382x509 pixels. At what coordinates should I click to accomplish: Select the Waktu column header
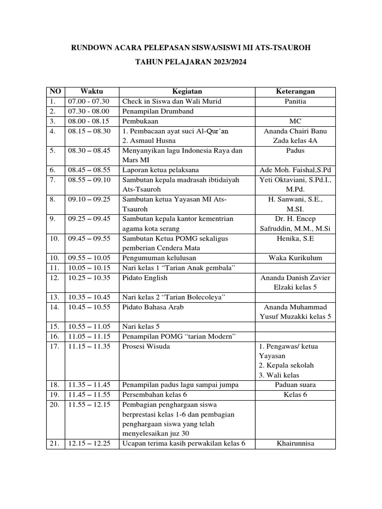pos(92,92)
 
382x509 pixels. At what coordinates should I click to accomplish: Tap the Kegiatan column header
pos(187,92)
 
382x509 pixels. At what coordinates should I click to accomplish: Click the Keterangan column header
pos(295,92)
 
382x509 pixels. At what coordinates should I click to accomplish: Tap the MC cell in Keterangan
pos(295,121)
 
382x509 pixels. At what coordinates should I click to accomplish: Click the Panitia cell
pos(295,101)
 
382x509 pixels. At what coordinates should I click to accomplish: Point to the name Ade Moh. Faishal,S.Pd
pos(295,170)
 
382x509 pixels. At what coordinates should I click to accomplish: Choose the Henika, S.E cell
pos(295,239)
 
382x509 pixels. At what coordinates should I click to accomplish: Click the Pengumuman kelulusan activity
pos(159,258)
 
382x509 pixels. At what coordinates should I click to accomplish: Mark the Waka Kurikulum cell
pos(295,258)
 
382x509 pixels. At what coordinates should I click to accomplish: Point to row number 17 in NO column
pos(55,346)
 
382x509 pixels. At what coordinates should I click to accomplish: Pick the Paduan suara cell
pos(295,385)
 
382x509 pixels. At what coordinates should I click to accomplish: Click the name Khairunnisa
pos(295,443)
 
